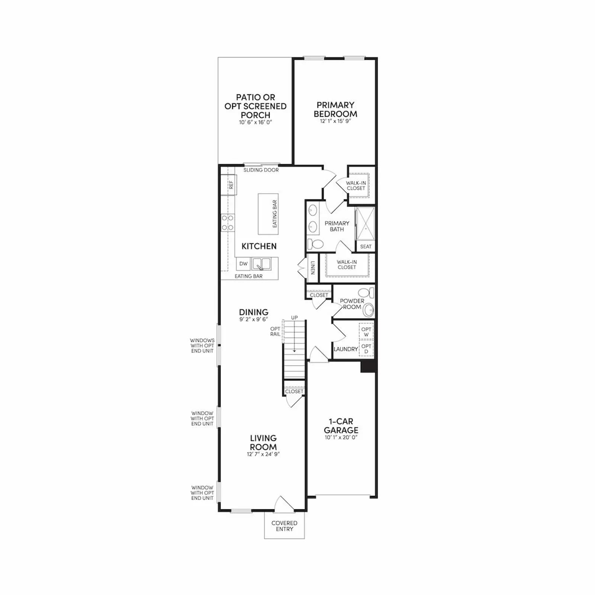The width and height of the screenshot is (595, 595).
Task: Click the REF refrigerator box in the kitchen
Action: [x=229, y=185]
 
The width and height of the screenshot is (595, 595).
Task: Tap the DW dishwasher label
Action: [x=243, y=264]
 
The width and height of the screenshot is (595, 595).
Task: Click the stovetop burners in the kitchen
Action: [x=228, y=222]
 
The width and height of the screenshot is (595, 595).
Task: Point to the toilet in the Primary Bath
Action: [x=315, y=244]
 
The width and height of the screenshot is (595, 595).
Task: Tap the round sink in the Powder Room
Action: [x=369, y=310]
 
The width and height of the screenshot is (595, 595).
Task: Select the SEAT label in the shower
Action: [x=366, y=247]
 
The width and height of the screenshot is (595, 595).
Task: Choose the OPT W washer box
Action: [x=366, y=332]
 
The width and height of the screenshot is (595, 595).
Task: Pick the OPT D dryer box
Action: [x=366, y=349]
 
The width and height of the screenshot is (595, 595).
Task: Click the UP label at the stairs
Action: [x=295, y=318]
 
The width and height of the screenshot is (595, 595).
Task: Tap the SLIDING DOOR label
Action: [x=261, y=170]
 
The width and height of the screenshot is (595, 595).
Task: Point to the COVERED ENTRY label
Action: [x=284, y=526]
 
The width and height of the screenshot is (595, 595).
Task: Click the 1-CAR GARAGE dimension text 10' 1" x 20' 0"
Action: [x=341, y=438]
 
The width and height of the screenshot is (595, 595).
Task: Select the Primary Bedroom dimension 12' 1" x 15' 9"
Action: [x=335, y=121]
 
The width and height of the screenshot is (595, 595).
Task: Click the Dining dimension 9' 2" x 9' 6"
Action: [x=254, y=319]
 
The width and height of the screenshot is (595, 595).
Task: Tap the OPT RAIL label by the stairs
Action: [x=275, y=331]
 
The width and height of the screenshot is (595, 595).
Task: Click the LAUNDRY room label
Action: [x=346, y=349]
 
